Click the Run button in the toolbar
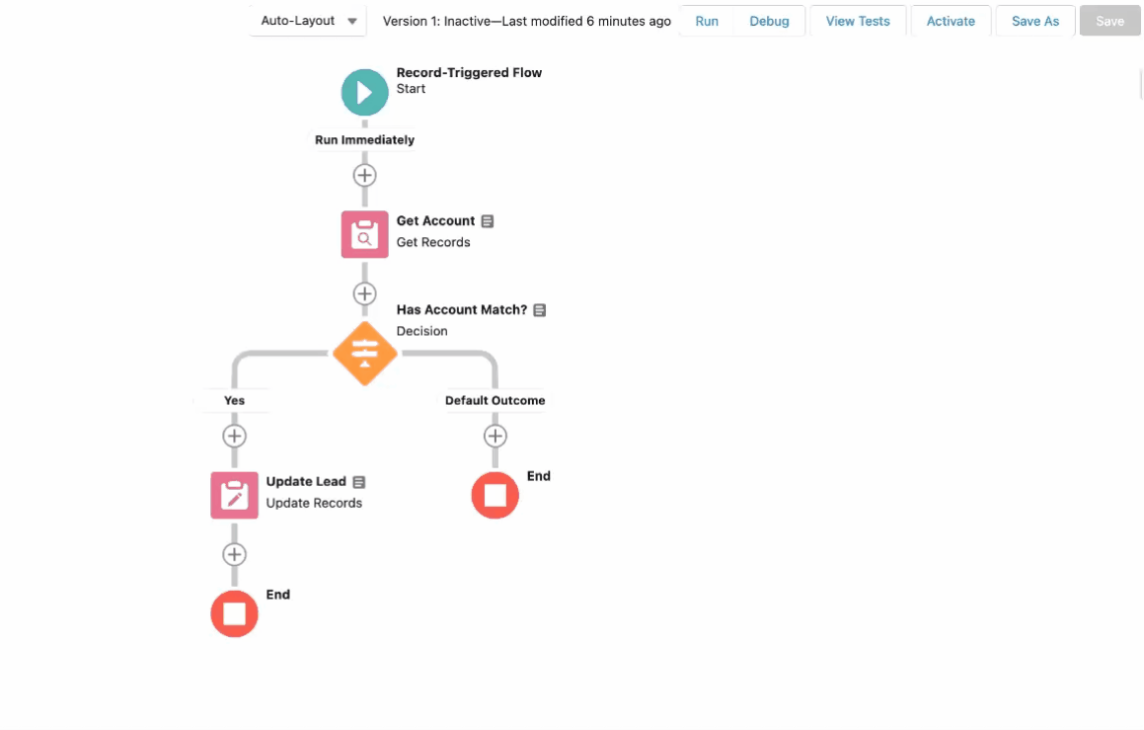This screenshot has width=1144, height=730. [707, 21]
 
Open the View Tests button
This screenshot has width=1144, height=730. [858, 21]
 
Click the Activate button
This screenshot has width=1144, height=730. [951, 21]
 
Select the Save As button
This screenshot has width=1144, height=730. [1034, 21]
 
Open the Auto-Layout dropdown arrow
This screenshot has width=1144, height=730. [352, 21]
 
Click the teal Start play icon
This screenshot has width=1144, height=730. [365, 92]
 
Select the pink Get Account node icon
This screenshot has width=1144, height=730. [365, 234]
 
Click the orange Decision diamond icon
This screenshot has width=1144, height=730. [365, 354]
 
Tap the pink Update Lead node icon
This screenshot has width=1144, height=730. [234, 495]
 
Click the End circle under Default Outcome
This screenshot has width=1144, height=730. [495, 495]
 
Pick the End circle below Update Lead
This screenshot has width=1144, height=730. [234, 613]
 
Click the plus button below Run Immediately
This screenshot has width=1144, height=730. [365, 175]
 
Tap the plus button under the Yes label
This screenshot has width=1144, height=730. [234, 436]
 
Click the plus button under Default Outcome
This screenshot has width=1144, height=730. [495, 436]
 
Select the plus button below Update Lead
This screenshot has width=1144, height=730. [234, 554]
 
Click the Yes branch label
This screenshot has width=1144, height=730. [234, 400]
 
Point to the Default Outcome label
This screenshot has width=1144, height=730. [495, 400]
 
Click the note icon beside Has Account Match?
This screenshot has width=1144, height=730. [539, 310]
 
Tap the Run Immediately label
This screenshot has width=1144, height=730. [365, 139]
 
